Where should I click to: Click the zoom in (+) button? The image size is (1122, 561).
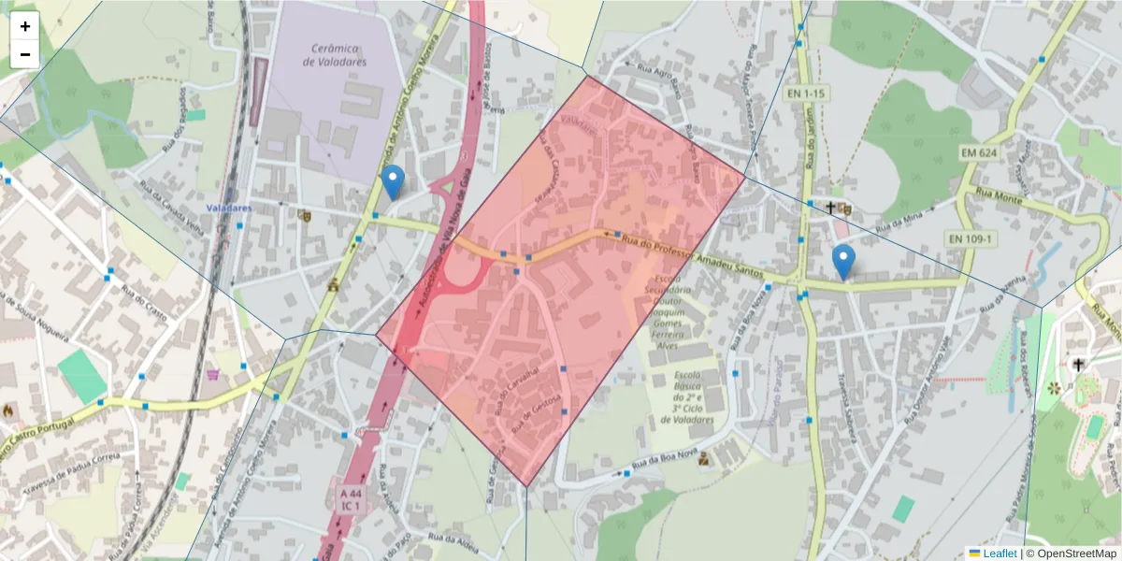[x=25, y=26]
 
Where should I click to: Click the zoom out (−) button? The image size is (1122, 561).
[x=25, y=54]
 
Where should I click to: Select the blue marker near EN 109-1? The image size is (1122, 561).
[x=843, y=261]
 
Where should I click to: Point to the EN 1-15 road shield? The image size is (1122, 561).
[x=805, y=93]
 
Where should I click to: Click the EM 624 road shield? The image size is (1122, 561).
[x=979, y=151]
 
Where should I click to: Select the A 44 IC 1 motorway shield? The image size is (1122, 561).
[x=351, y=498]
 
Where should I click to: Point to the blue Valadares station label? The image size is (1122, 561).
[x=229, y=208]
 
